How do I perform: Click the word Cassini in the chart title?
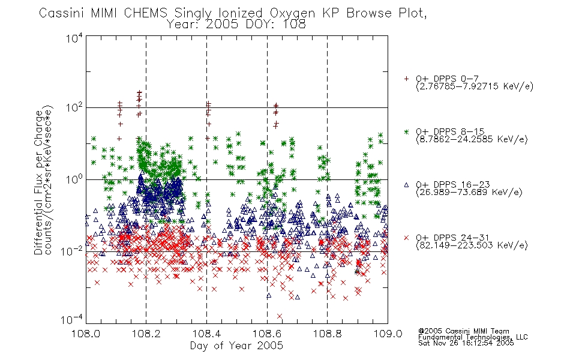61,13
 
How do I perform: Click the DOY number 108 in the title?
293,25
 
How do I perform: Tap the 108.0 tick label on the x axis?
86,334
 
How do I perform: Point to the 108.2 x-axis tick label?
146,334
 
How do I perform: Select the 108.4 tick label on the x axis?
206,334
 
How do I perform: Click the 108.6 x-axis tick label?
267,334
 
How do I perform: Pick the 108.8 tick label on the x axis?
327,334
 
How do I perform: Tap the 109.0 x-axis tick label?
388,334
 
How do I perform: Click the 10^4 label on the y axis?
74,38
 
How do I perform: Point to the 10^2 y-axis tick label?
74,107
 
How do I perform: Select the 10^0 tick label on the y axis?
74,179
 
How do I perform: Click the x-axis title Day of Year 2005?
236,346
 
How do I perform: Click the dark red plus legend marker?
406,79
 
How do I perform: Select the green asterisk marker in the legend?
406,131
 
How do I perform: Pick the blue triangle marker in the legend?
406,185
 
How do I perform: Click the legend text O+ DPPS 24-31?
452,238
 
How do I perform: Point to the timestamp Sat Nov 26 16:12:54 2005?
466,343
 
